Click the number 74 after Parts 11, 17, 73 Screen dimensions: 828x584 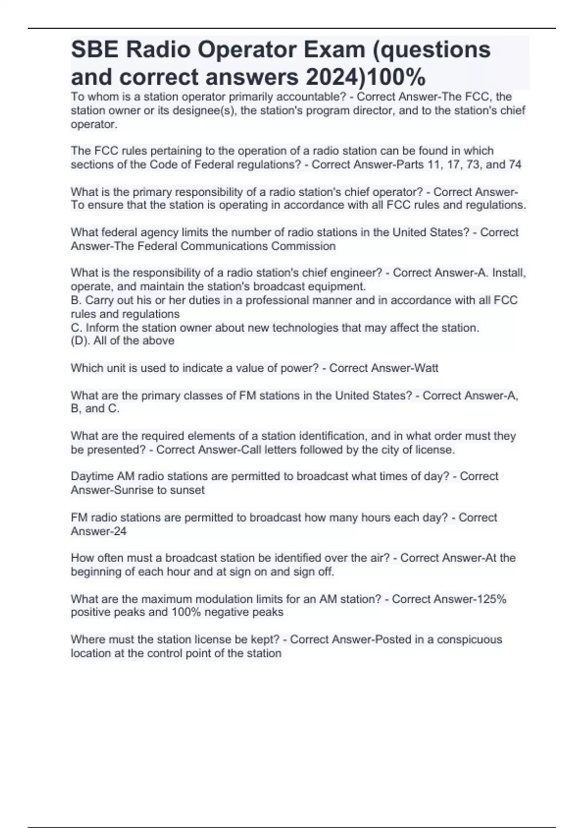click(515, 165)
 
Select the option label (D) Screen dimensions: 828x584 click(80, 341)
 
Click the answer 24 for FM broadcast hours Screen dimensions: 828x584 click(120, 531)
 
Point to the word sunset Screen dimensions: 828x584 click(187, 490)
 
